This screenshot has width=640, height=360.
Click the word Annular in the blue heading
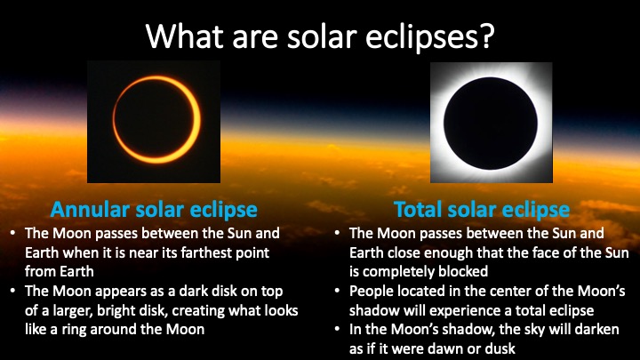(x=90, y=210)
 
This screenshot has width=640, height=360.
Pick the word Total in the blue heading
(x=418, y=210)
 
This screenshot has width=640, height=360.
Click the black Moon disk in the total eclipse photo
(x=491, y=124)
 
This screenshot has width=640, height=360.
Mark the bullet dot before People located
(x=337, y=291)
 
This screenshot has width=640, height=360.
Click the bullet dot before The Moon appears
(x=13, y=291)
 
